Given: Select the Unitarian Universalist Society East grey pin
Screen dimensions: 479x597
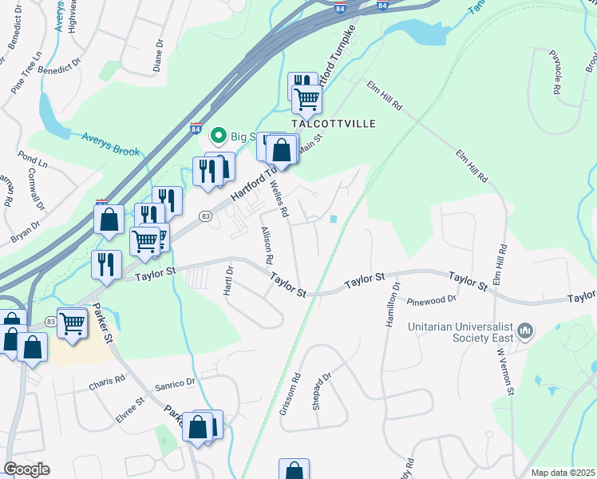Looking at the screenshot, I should [524, 330].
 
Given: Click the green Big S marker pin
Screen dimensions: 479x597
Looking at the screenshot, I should [217, 137].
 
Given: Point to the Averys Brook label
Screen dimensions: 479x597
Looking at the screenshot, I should [110, 144].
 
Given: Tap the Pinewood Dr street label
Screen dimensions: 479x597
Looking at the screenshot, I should [430, 299].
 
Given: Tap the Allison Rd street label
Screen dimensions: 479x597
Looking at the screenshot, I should [267, 245].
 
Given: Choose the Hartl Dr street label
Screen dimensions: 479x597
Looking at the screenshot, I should [228, 280].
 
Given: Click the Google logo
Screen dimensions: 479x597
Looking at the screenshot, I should [26, 469].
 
